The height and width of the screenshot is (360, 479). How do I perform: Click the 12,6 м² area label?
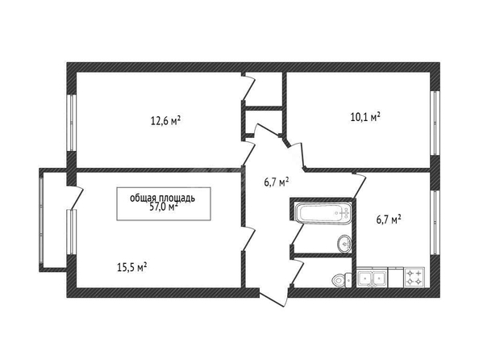[x=165, y=121]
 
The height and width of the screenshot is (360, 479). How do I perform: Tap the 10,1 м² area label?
[x=365, y=117]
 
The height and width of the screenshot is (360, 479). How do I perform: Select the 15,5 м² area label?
[x=132, y=268]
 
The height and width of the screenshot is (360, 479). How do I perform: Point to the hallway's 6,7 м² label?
[x=277, y=182]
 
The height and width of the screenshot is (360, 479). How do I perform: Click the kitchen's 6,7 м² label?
[x=389, y=220]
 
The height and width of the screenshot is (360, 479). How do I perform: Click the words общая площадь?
[x=163, y=198]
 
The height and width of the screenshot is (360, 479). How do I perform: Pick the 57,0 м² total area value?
[x=164, y=207]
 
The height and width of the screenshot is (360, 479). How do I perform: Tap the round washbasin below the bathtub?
[x=344, y=244]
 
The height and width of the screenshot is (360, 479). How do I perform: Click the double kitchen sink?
[x=372, y=278]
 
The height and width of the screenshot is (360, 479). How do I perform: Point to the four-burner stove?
[x=414, y=277]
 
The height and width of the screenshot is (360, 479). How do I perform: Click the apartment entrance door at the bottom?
[x=274, y=297]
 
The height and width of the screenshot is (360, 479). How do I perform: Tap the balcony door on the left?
[x=75, y=198]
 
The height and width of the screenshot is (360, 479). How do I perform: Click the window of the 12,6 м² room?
[x=71, y=123]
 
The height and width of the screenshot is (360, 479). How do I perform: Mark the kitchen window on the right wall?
[x=435, y=222]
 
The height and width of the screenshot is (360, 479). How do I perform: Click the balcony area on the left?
[x=54, y=220]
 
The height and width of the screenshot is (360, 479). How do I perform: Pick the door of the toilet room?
[x=297, y=271]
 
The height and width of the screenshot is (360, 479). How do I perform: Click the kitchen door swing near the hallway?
[x=359, y=185]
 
